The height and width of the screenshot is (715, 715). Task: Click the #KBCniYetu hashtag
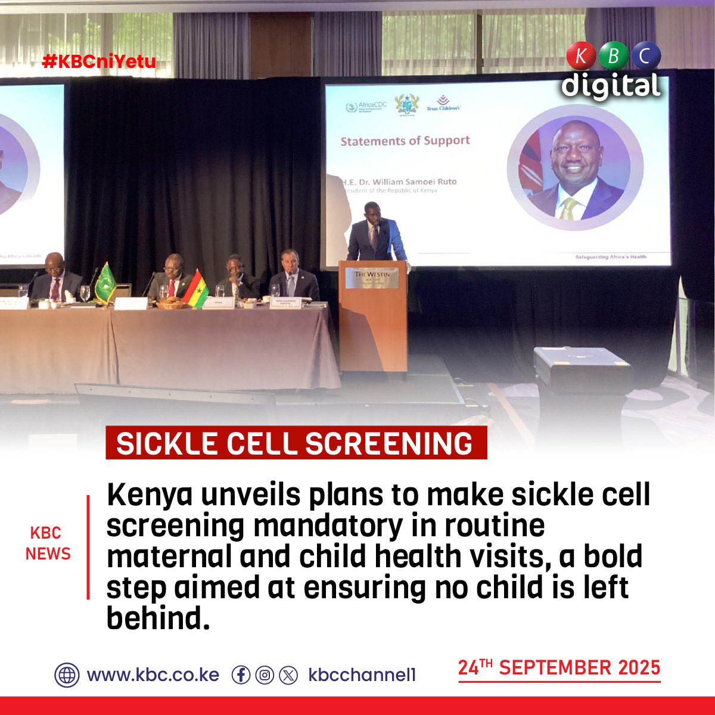(x=99, y=61)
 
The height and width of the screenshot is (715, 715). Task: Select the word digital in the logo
(x=611, y=85)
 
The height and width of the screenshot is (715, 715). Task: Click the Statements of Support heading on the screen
(x=405, y=141)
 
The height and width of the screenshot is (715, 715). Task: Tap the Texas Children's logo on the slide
(x=443, y=104)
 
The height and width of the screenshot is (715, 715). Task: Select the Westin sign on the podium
(x=372, y=277)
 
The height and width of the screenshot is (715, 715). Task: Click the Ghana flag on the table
(x=195, y=290)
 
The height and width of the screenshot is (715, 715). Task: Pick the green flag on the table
(x=106, y=284)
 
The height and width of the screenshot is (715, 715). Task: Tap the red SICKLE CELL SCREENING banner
(x=296, y=443)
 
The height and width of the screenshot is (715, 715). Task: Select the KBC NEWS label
(x=48, y=543)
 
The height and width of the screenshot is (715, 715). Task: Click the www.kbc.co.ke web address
(x=153, y=675)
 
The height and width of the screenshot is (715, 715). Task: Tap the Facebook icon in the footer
(x=241, y=675)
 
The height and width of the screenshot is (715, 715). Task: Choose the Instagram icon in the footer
(x=265, y=675)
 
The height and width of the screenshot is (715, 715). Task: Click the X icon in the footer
(x=288, y=675)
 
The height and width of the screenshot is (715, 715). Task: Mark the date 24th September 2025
(x=559, y=667)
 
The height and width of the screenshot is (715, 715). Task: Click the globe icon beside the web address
(x=67, y=675)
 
